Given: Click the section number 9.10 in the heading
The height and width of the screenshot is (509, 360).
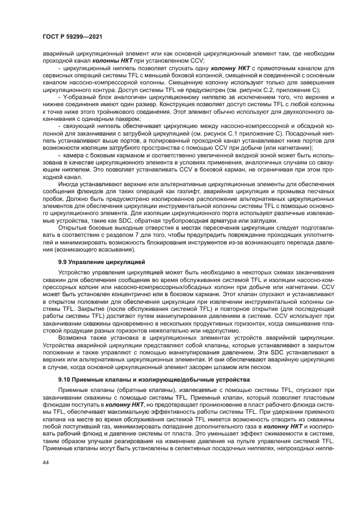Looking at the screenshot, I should [66, 378].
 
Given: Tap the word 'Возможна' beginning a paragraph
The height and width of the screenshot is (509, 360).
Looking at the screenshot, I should [72, 337].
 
